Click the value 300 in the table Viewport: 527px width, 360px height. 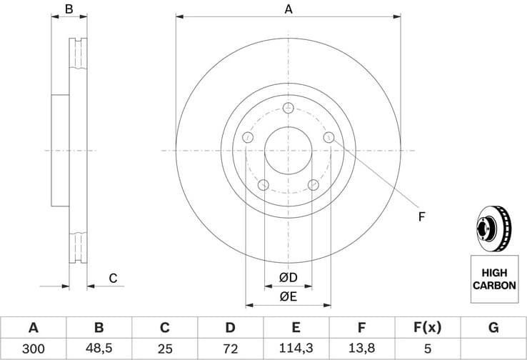(33, 349)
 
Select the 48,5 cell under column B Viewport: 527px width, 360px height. (99, 349)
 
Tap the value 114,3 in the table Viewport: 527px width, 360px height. (296, 349)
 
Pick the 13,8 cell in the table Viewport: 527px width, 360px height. (362, 349)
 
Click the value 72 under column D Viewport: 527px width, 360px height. (231, 349)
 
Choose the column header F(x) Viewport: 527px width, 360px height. (428, 328)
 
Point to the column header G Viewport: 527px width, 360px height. (493, 328)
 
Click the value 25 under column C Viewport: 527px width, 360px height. (164, 349)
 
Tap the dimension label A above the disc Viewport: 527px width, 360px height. (288, 9)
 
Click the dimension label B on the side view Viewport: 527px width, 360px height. (69, 9)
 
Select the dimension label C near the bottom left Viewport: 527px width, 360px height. (113, 279)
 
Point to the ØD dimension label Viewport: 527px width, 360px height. (288, 277)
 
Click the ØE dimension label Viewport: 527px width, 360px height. (288, 296)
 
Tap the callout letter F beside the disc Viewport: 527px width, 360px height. (421, 216)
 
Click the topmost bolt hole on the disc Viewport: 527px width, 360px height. (288, 108)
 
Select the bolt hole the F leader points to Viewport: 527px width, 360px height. (329, 137)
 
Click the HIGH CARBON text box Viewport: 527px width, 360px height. (493, 279)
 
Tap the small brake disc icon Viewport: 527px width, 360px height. (493, 228)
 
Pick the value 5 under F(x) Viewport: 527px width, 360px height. (428, 349)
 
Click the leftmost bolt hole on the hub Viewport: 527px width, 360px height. (248, 137)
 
